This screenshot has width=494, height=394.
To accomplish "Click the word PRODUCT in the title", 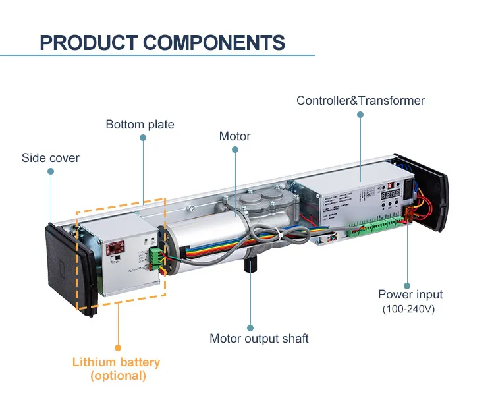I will click(x=88, y=43).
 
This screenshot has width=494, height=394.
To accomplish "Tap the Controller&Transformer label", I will click(x=360, y=101).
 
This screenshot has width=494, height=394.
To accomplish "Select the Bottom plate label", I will click(x=140, y=124).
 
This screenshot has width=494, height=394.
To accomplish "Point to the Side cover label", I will click(x=50, y=158).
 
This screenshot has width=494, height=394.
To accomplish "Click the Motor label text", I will click(x=234, y=136).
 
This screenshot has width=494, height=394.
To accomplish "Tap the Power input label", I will click(x=410, y=295).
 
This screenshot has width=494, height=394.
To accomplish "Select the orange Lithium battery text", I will click(x=116, y=362).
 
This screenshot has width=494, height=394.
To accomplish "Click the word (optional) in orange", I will click(x=118, y=376).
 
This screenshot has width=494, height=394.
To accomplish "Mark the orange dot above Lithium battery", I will click(x=118, y=347).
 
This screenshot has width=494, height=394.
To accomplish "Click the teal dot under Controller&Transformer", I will click(x=360, y=114).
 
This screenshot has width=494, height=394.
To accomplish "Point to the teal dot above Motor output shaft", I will click(x=250, y=327).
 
